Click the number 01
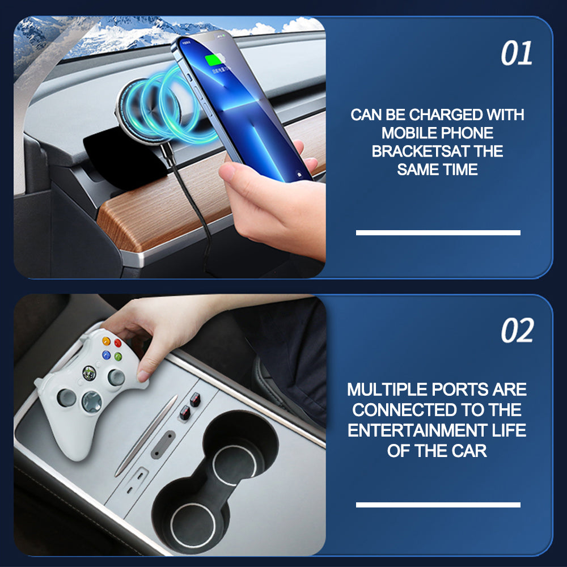[517, 53]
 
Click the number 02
[517, 331]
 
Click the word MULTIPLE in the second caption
[387, 390]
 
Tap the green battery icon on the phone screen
[214, 60]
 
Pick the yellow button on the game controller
[106, 341]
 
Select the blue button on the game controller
[106, 355]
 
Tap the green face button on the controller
[118, 357]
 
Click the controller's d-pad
[92, 402]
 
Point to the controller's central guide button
[89, 373]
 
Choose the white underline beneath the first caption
[438, 232]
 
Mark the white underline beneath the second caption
[438, 505]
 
